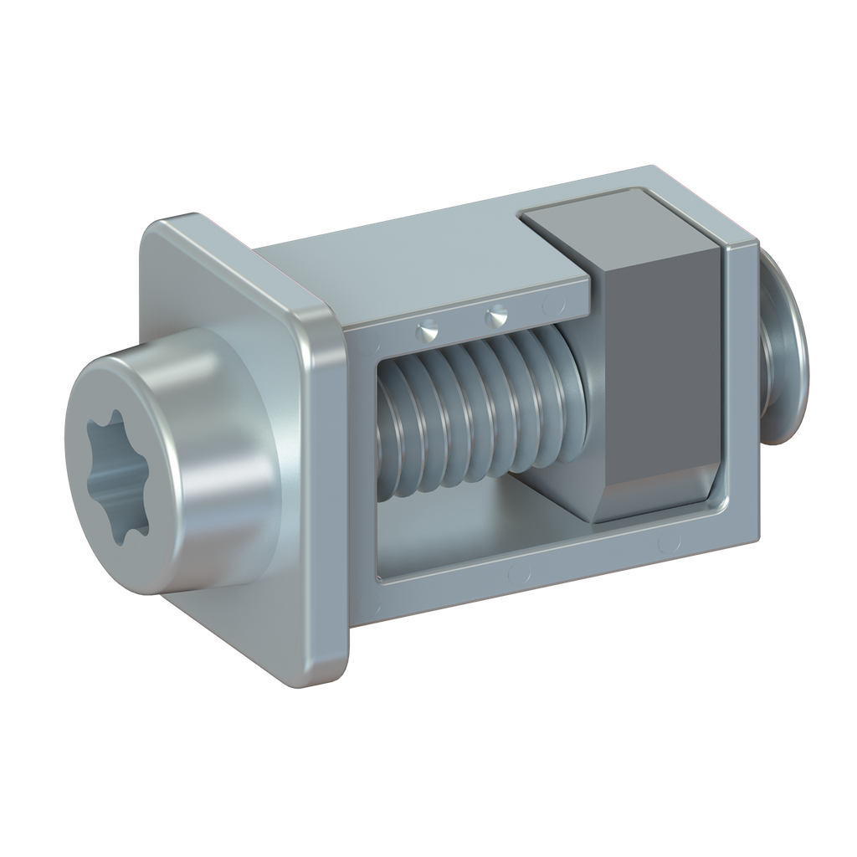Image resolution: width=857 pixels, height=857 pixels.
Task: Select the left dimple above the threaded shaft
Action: [x=428, y=331]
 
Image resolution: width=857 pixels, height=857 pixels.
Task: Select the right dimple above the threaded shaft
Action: [x=497, y=317]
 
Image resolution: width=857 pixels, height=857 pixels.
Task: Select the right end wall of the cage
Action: [x=742, y=393]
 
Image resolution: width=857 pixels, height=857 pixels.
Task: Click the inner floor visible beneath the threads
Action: [x=469, y=527]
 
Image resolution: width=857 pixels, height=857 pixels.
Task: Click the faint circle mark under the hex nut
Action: [x=669, y=543]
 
